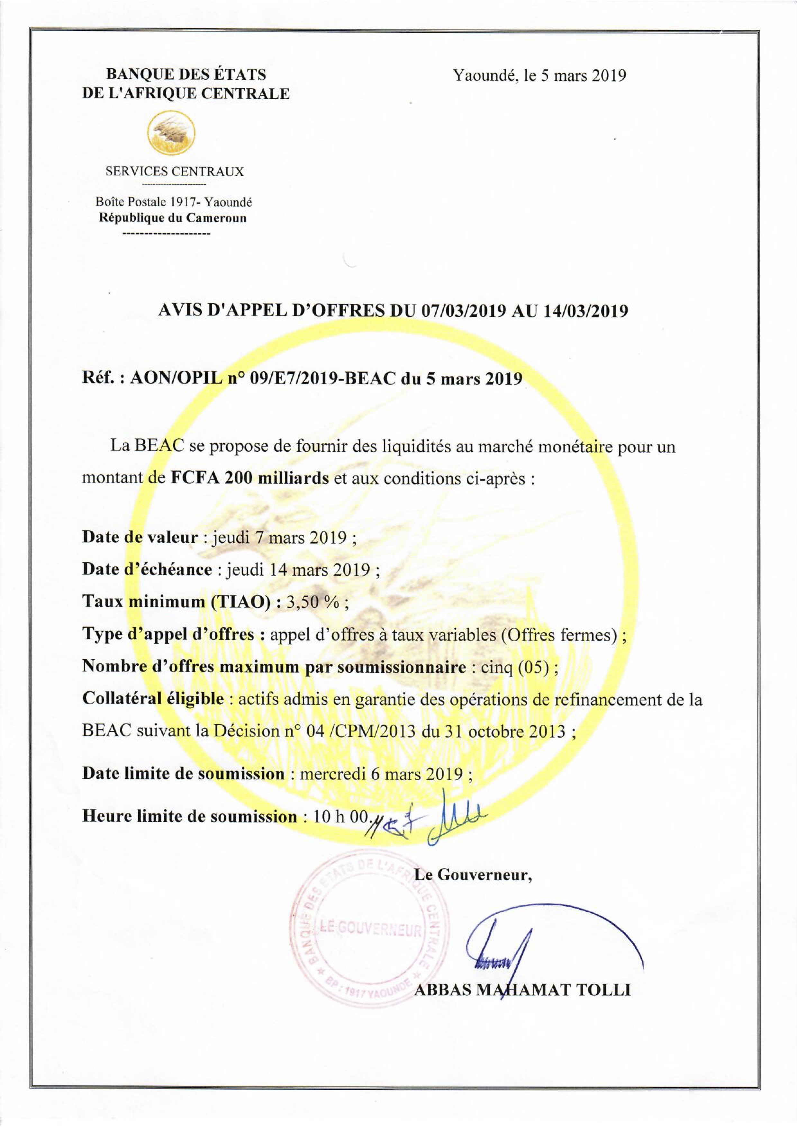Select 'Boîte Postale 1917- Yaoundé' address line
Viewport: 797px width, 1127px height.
174,202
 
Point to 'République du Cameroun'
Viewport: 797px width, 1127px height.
173,217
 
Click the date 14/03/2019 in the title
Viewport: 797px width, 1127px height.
586,311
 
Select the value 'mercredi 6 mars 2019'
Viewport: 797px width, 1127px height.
382,774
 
